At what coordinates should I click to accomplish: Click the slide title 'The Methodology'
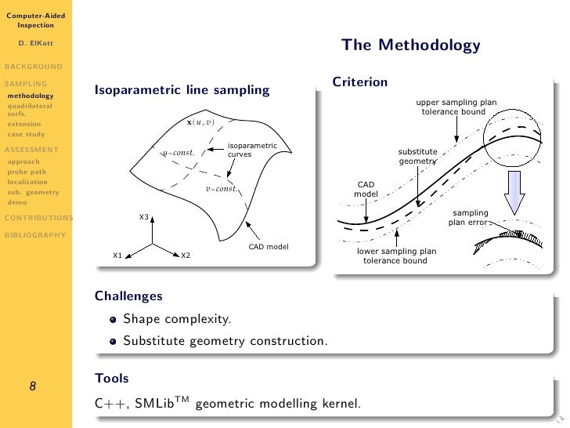click(410, 45)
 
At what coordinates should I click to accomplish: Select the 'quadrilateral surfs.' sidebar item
click(30, 109)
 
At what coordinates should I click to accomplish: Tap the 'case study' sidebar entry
click(26, 134)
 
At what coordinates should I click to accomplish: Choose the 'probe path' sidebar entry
click(26, 172)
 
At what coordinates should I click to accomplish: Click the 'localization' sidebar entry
click(27, 182)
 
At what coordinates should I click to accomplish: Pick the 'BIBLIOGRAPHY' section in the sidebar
click(34, 234)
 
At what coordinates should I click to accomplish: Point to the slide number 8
click(32, 386)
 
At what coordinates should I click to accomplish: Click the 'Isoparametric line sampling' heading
click(182, 90)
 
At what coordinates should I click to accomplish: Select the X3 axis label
click(144, 217)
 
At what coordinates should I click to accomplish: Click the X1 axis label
click(117, 256)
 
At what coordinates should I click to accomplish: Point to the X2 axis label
click(186, 256)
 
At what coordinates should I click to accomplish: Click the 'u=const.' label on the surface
click(178, 152)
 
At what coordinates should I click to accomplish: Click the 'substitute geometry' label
click(417, 156)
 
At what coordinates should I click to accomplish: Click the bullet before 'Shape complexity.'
click(114, 320)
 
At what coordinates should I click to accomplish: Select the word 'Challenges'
click(128, 296)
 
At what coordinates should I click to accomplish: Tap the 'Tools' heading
click(111, 379)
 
